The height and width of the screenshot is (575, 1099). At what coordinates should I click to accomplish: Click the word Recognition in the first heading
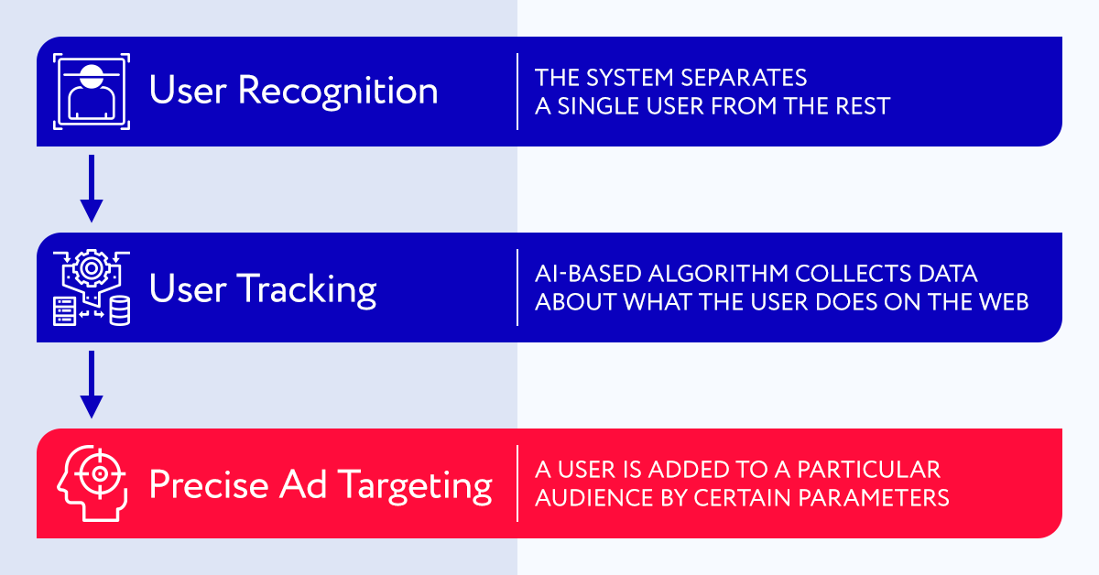pos(338,92)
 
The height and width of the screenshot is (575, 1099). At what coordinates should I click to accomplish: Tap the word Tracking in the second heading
pos(307,289)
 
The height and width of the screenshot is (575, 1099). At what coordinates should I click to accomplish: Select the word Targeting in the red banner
pos(415,485)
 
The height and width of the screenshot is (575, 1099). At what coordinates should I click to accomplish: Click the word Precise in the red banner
pos(209,484)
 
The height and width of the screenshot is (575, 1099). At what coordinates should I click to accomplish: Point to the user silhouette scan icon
pos(92,92)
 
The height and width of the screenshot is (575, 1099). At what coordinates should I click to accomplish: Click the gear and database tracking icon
pos(92,287)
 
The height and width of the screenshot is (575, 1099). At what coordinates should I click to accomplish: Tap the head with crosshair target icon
pos(92,483)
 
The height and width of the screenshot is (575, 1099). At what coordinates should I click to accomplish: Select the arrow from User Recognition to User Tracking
pos(92,189)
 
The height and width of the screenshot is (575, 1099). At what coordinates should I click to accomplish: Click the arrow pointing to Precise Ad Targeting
pos(92,385)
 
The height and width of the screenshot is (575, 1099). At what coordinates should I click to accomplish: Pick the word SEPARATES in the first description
pos(744,78)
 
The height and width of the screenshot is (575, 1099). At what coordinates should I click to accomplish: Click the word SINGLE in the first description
pos(598,106)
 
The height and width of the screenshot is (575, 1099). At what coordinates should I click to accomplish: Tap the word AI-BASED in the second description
pos(588,273)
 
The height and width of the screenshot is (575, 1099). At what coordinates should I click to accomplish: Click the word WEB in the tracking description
pos(1005,302)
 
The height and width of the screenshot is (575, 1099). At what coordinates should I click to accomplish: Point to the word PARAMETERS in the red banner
pos(874,498)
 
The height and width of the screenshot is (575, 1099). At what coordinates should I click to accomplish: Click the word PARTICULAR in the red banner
pos(869,470)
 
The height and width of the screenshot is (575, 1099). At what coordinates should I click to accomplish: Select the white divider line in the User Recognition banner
pos(517,92)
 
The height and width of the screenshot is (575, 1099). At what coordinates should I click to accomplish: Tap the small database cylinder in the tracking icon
pos(120,310)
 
